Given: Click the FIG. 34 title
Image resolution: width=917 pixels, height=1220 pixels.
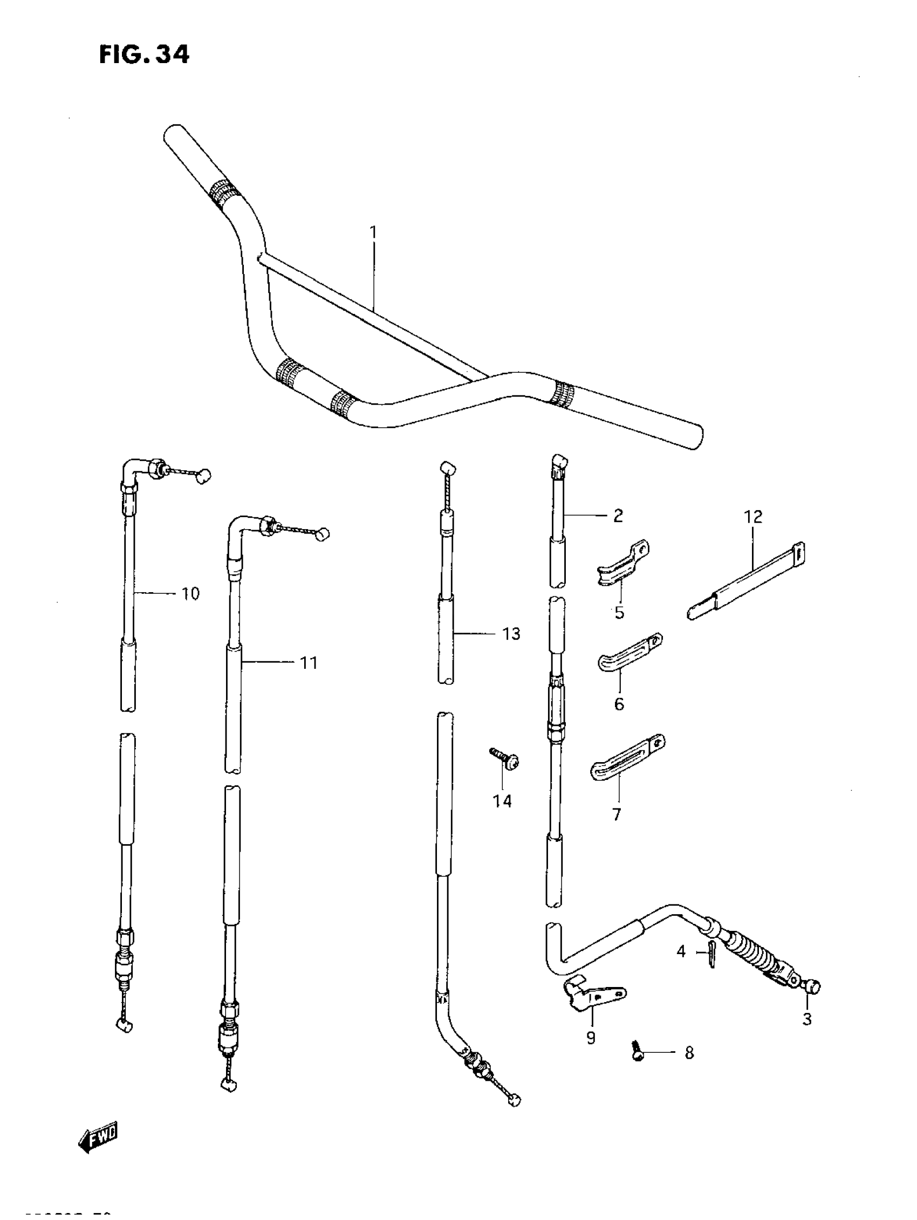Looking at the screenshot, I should tap(145, 55).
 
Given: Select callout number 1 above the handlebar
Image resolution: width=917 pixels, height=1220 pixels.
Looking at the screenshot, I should tap(373, 232).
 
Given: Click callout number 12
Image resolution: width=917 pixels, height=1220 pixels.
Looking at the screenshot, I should tap(752, 517).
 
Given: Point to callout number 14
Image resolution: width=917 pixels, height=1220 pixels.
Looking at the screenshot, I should tap(502, 801).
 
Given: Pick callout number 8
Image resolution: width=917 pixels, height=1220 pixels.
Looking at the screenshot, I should tap(689, 1053).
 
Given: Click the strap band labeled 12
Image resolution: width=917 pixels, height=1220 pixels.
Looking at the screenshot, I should tap(748, 581).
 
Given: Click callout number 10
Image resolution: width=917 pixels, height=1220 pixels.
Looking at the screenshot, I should tap(190, 594).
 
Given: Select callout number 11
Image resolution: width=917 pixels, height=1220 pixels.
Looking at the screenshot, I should tap(309, 662).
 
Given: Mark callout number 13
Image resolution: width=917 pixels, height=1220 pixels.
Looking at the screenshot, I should tap(511, 634).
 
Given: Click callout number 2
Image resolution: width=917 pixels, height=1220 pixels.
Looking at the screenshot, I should tap(618, 516).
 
